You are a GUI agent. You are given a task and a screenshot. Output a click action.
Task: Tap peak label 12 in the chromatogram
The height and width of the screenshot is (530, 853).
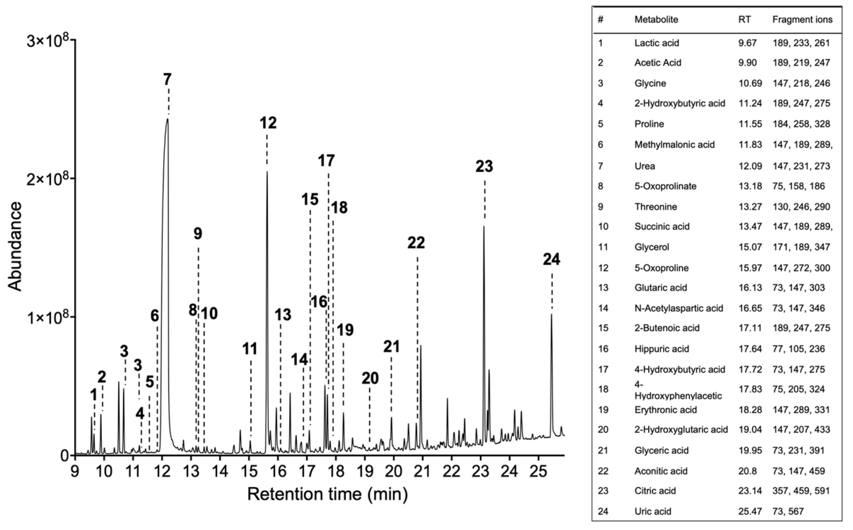tap(268, 123)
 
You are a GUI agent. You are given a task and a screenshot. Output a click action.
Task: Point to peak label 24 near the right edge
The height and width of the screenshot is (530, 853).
tap(551, 260)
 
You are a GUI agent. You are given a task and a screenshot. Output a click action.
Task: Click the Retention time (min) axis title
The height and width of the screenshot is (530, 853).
tap(328, 494)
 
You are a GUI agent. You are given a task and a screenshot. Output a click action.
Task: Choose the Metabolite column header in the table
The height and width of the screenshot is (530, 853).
tap(656, 20)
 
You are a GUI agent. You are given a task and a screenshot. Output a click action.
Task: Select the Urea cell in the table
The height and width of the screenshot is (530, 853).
tap(644, 166)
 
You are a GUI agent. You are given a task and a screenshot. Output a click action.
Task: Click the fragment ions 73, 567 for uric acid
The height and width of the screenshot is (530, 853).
tap(788, 511)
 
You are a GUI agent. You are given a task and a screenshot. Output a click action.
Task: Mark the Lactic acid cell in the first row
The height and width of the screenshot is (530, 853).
tap(657, 43)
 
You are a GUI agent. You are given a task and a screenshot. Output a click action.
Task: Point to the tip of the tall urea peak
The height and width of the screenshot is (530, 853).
tap(168, 119)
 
